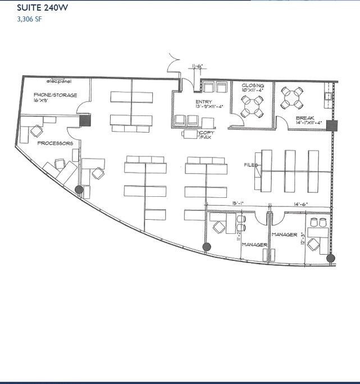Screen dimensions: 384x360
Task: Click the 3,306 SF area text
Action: (x=30, y=19)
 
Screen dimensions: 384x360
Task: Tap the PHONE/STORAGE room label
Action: (x=55, y=95)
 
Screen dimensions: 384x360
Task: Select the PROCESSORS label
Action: (x=55, y=143)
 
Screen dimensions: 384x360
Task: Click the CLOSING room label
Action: (x=253, y=85)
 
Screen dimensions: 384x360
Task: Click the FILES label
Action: (x=250, y=165)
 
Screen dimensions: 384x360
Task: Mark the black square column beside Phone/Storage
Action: (x=85, y=120)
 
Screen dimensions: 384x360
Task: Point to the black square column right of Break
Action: (x=331, y=125)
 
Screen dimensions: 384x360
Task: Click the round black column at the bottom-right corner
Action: (x=330, y=258)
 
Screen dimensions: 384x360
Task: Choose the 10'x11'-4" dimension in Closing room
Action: (x=253, y=91)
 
